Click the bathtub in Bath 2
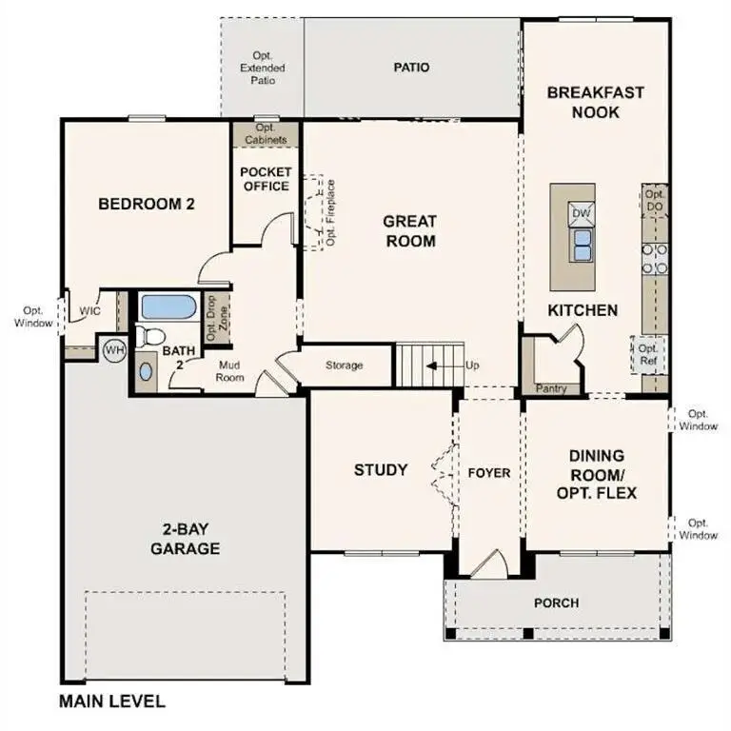click(x=168, y=307)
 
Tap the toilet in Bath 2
click(x=150, y=335)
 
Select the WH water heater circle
click(x=114, y=350)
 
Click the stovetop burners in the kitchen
click(x=656, y=259)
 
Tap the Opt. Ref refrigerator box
click(x=648, y=356)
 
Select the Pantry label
click(x=551, y=388)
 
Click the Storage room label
click(x=344, y=365)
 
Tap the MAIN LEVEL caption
click(x=112, y=702)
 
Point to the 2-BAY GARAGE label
click(x=186, y=540)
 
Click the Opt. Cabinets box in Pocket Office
click(x=266, y=134)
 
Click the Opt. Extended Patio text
click(x=263, y=68)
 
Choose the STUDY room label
click(x=381, y=470)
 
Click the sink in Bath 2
click(x=145, y=371)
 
